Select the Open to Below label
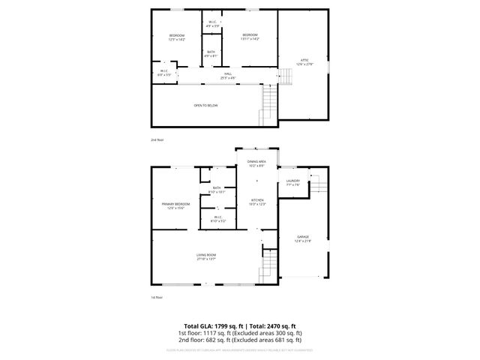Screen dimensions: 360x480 pyautogui.click(x=206, y=106)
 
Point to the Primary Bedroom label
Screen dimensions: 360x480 pyautogui.click(x=175, y=205)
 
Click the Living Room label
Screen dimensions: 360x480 pyautogui.click(x=206, y=257)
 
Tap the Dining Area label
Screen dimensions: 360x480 pyautogui.click(x=257, y=163)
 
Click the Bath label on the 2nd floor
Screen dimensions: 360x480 pyautogui.click(x=211, y=53)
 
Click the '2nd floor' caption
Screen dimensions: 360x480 pyautogui.click(x=157, y=140)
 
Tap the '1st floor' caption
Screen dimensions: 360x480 pyautogui.click(x=157, y=298)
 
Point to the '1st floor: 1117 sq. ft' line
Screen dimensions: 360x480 pyautogui.click(x=240, y=332)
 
